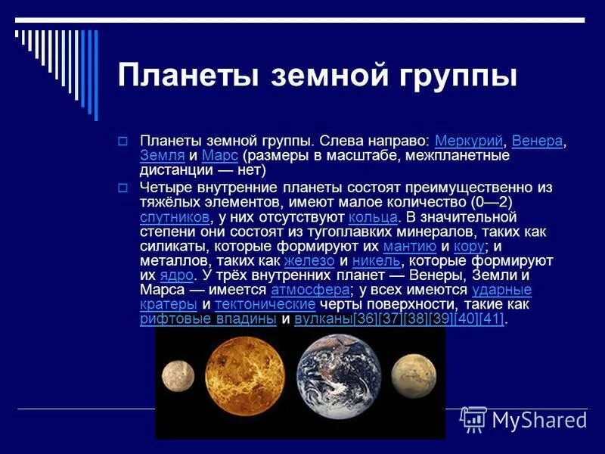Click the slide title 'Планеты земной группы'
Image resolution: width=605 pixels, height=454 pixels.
tap(318, 76)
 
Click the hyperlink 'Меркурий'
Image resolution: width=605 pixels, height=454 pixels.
tap(469, 141)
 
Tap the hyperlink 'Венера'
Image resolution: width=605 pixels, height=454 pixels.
tap(537, 141)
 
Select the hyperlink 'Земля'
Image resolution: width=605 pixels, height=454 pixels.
tap(162, 155)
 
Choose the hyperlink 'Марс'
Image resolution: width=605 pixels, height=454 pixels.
tap(220, 155)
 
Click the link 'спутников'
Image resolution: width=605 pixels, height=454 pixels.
tap(174, 217)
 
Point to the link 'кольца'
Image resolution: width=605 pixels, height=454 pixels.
tap(373, 217)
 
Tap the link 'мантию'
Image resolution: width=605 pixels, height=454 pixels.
tap(409, 246)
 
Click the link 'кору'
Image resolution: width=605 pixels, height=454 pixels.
tap(468, 246)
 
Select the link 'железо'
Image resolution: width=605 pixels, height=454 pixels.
tap(309, 260)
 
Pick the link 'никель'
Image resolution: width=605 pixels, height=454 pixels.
tap(376, 260)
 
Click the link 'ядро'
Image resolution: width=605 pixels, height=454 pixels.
tap(176, 275)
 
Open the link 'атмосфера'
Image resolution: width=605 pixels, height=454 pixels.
tap(310, 290)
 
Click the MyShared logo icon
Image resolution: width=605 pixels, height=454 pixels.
tap(473, 418)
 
